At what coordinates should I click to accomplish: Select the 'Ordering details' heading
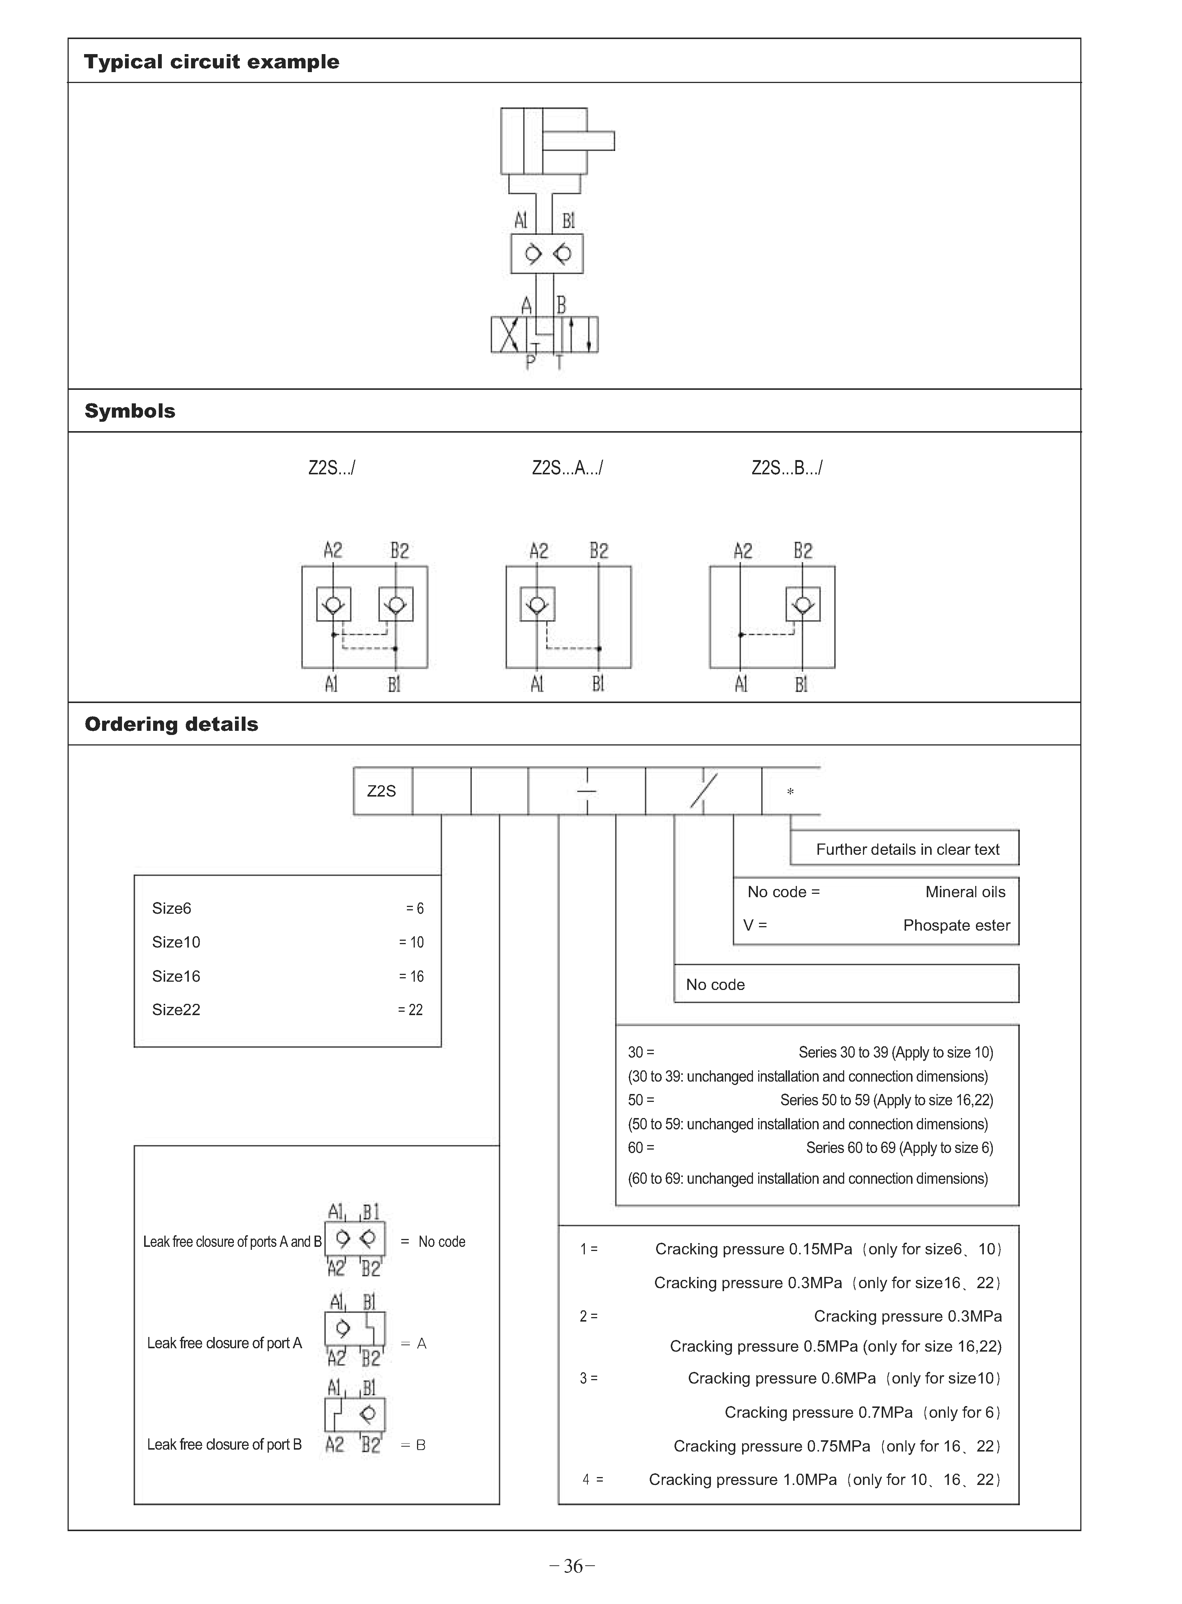(x=171, y=724)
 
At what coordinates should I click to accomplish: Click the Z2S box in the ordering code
(x=381, y=791)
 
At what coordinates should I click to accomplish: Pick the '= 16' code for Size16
(x=411, y=976)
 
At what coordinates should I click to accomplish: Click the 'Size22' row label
(x=176, y=1010)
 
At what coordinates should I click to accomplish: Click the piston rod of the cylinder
(x=580, y=141)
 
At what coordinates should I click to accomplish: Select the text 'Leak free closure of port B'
(x=224, y=1444)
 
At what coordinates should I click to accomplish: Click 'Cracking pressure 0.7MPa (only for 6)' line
(x=862, y=1412)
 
